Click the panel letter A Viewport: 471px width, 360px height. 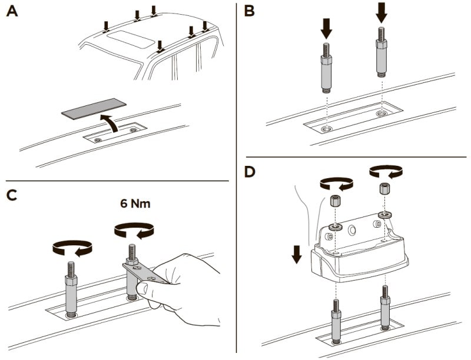[x=11, y=12]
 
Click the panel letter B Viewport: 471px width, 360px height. [x=249, y=11]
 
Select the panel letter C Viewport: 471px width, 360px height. [x=12, y=196]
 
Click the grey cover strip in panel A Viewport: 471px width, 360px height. [x=94, y=109]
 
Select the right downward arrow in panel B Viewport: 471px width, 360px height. [x=381, y=12]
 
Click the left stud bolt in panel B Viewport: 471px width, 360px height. [x=327, y=68]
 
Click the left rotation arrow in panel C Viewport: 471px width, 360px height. [x=72, y=248]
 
